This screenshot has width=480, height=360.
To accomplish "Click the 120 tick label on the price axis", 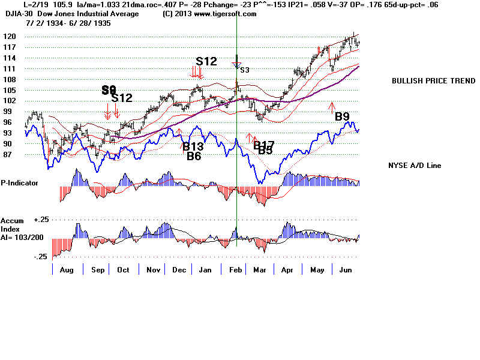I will tap(8, 36).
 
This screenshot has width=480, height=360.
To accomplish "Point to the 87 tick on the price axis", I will tap(8, 155).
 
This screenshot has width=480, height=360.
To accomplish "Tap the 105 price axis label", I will tap(8, 90).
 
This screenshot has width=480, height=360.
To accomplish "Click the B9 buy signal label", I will tap(342, 116).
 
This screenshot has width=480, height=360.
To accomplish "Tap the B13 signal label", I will tap(193, 147).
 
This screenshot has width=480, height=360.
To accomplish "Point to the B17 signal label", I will tap(263, 144).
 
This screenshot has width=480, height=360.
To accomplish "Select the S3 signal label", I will tap(244, 70).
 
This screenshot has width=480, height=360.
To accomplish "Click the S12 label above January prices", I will tap(207, 61).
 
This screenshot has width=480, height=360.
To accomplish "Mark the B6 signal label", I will tap(193, 157).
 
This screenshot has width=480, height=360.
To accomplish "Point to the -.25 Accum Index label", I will tap(40, 256).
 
